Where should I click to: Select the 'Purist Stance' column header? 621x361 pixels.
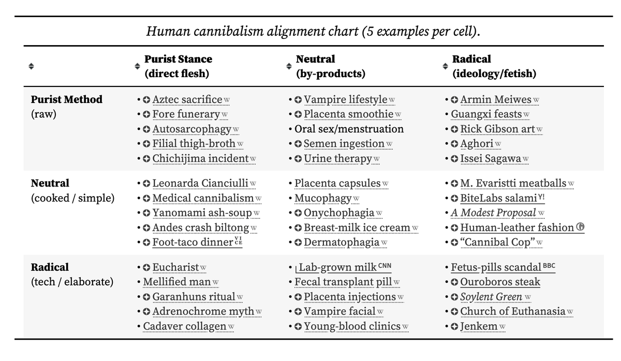[x=178, y=59]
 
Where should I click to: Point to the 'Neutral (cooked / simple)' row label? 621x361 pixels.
[x=51, y=183]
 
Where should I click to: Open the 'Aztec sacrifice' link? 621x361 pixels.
[x=187, y=99]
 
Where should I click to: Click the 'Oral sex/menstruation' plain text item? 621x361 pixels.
[x=349, y=129]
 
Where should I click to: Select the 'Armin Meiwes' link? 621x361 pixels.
[x=495, y=99]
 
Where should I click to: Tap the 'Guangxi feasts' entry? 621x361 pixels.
[x=486, y=114]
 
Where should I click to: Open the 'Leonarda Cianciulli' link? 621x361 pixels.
[x=200, y=183]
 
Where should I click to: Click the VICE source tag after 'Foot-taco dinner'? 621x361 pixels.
[x=238, y=241]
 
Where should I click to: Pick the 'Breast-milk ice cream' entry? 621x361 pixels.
[x=357, y=227]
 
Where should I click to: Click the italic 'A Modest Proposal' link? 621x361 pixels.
[x=493, y=213]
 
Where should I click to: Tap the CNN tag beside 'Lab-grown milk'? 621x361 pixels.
[x=385, y=266]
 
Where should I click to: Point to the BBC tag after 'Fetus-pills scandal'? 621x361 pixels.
[x=549, y=266]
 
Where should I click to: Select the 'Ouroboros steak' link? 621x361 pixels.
[x=500, y=282]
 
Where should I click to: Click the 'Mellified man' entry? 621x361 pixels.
[x=177, y=282]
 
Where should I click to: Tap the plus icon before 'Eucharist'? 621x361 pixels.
[x=146, y=268]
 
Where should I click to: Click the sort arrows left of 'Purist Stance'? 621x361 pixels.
[x=137, y=66]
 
